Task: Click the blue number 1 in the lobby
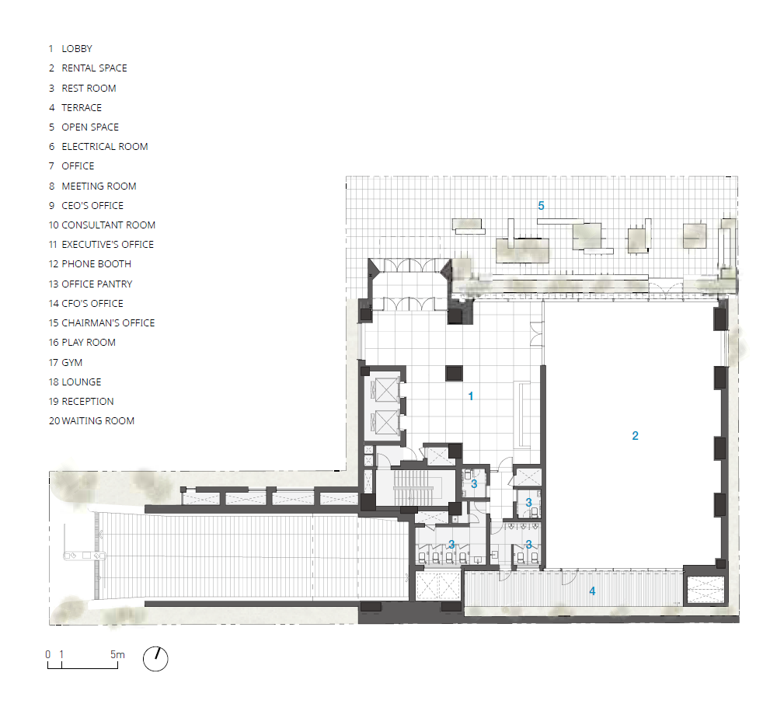click(x=471, y=396)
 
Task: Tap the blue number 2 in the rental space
click(x=636, y=435)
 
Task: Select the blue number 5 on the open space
click(x=541, y=206)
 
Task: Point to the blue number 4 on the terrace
click(x=592, y=591)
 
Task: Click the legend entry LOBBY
click(x=77, y=48)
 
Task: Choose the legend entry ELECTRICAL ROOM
click(x=105, y=147)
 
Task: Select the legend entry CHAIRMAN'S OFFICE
click(x=108, y=323)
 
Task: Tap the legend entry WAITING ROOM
click(x=98, y=421)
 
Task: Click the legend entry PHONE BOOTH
click(x=96, y=264)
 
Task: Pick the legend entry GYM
click(x=71, y=363)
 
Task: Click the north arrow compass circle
click(x=155, y=659)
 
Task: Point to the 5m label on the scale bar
click(x=117, y=654)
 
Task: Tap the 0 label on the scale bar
click(x=48, y=654)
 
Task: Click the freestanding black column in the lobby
click(x=454, y=373)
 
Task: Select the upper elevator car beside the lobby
click(x=386, y=389)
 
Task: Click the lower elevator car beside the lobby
click(x=386, y=423)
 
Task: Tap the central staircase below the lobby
click(x=410, y=487)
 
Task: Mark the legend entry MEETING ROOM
click(x=99, y=186)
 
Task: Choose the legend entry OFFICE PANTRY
click(x=96, y=284)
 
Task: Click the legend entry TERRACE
click(x=82, y=107)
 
